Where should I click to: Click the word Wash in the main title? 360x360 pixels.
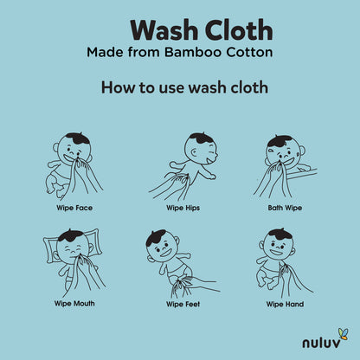coord(164,30)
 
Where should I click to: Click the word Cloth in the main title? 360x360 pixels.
coord(239,30)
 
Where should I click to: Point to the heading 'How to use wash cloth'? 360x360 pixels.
coord(184,87)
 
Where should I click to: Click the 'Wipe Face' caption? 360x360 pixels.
coord(74,208)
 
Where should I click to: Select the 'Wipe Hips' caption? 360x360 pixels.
coord(183,208)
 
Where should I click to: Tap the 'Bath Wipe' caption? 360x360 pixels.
coord(285,208)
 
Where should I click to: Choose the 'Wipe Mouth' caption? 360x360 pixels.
coord(74,304)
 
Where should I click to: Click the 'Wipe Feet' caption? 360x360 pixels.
coord(183,304)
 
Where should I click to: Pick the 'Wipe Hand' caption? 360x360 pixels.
coord(285,304)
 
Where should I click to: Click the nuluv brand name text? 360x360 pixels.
coord(321,343)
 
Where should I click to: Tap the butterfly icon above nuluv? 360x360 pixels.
coord(343,334)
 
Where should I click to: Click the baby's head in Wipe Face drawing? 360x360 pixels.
coord(74,149)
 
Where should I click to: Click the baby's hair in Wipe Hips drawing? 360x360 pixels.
coord(202,139)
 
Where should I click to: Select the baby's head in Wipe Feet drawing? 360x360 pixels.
coord(163,246)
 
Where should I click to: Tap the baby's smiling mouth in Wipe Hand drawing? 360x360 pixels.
coord(276,252)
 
